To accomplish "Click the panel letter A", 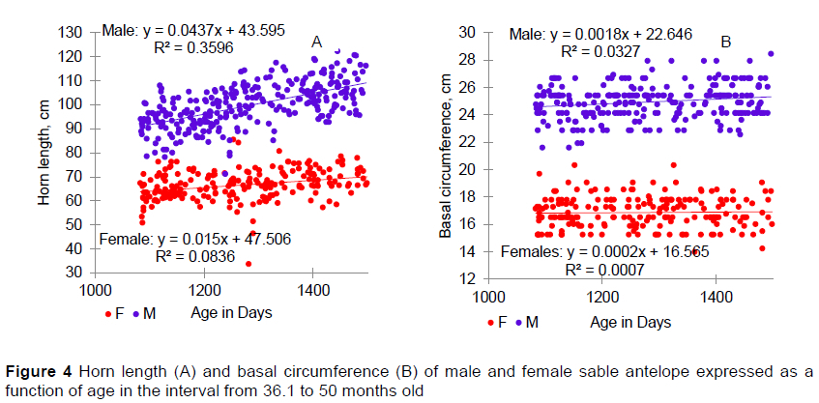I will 316,42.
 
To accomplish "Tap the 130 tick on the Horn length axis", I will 71,32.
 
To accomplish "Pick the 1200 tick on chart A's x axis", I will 203,290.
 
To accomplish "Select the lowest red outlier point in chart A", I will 249,263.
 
